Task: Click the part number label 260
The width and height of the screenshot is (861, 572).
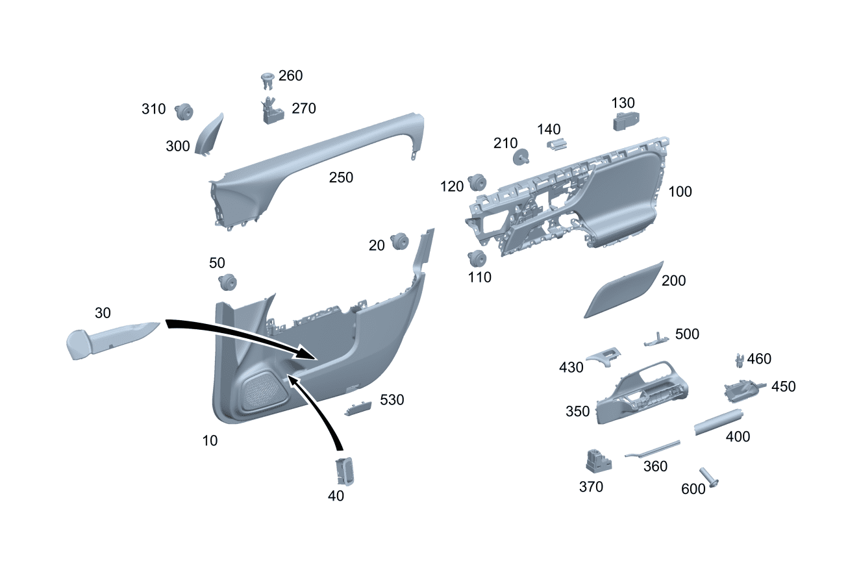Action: coord(290,76)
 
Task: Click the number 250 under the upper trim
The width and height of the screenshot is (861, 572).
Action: coord(341,177)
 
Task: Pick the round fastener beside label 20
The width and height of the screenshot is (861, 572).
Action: coord(399,242)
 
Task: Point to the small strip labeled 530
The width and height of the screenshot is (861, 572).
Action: coord(358,407)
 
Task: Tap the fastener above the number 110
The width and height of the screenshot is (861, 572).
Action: coord(479,258)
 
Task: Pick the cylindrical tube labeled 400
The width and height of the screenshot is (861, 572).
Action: coord(717,422)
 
